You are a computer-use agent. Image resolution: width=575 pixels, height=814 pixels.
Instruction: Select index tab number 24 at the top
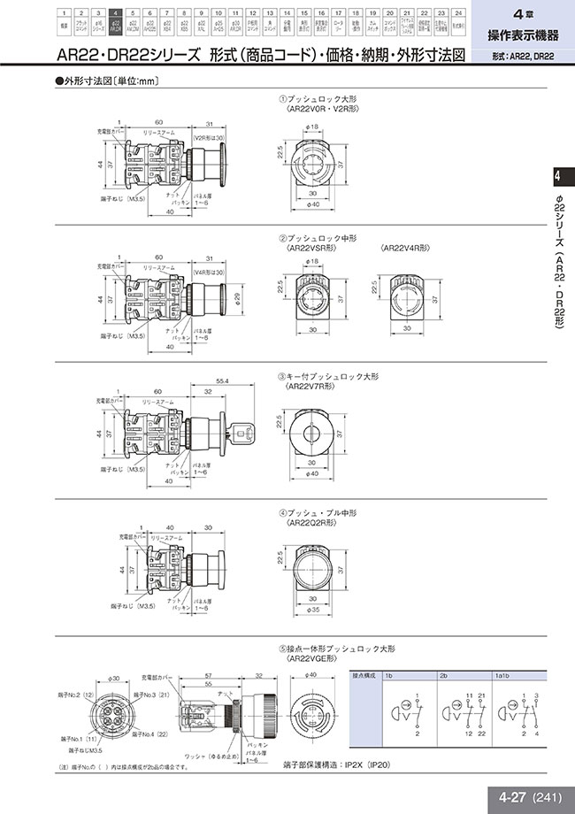[456, 13]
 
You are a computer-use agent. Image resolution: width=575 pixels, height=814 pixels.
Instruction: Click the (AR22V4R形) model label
[404, 249]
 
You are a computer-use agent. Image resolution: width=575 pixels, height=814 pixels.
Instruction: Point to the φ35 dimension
[314, 610]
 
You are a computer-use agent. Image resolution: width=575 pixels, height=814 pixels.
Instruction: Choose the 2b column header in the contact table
[444, 674]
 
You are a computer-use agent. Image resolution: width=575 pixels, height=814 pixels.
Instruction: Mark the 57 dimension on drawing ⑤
[207, 675]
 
